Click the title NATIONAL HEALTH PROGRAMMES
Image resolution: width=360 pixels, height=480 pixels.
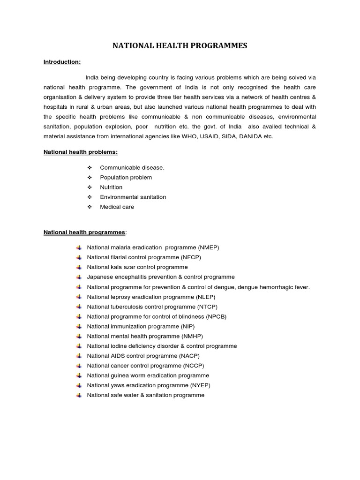(x=180, y=45)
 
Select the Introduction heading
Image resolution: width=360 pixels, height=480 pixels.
(x=62, y=61)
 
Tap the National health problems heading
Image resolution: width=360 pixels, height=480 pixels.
(x=81, y=152)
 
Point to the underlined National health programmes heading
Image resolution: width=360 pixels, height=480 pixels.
(x=84, y=232)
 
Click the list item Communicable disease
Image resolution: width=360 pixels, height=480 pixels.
(x=132, y=167)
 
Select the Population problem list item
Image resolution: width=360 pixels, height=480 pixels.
(x=126, y=177)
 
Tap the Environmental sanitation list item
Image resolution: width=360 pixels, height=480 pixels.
(x=133, y=197)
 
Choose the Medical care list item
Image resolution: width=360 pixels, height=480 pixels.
(x=117, y=207)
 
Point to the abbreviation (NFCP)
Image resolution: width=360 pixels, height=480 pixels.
(x=193, y=257)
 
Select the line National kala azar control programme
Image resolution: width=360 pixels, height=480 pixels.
(x=137, y=267)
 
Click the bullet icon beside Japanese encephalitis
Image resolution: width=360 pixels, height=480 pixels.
(x=78, y=277)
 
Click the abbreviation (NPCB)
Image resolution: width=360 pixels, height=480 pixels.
(x=213, y=316)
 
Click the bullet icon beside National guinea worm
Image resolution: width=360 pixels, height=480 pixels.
(x=78, y=375)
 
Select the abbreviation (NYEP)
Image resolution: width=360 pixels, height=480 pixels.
(x=198, y=385)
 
